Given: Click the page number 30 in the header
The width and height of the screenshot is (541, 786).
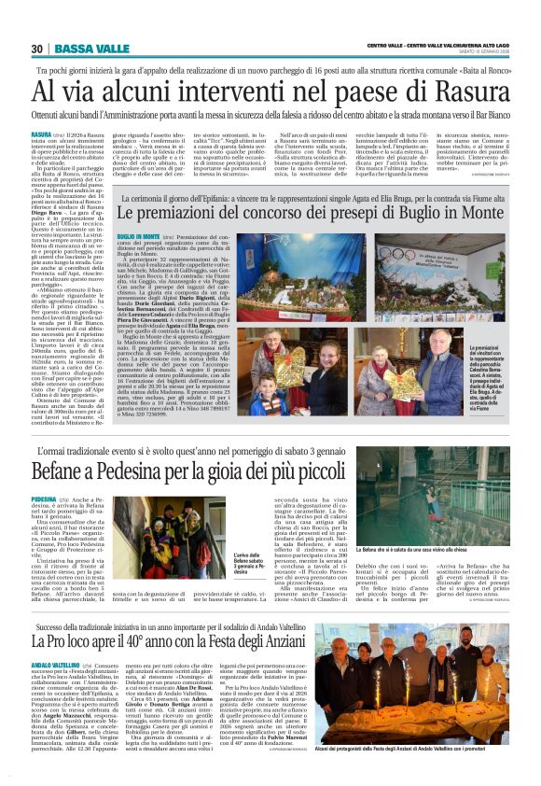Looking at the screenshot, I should (37, 49).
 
